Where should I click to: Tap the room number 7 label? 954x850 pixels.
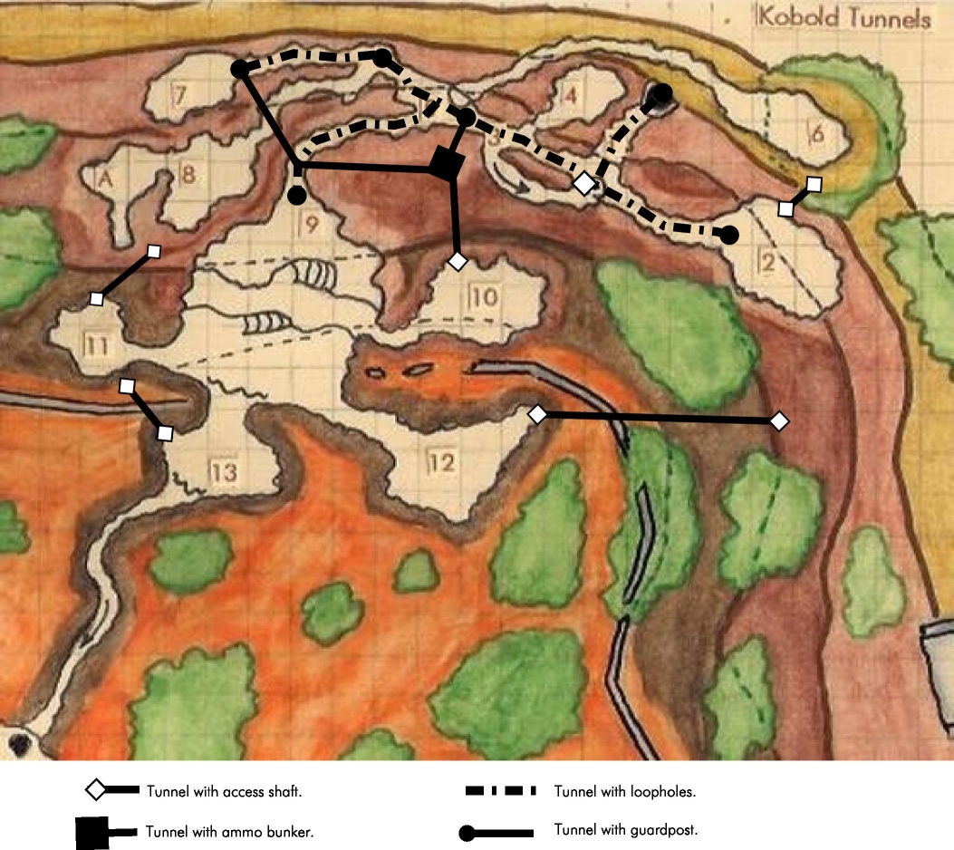180,93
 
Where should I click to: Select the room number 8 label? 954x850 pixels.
188,173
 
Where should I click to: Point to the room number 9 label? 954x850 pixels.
309,225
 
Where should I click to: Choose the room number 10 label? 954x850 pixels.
484,296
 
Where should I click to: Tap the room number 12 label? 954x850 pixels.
441,462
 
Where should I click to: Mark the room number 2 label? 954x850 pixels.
766,264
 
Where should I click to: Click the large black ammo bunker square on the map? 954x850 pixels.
446,163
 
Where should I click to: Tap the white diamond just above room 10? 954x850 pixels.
458,261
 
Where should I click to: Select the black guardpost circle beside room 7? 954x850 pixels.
240,69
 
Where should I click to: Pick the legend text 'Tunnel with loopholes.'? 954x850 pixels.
624,791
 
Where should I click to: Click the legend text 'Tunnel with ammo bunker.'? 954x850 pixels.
229,832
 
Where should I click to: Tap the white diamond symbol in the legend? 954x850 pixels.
96,790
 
